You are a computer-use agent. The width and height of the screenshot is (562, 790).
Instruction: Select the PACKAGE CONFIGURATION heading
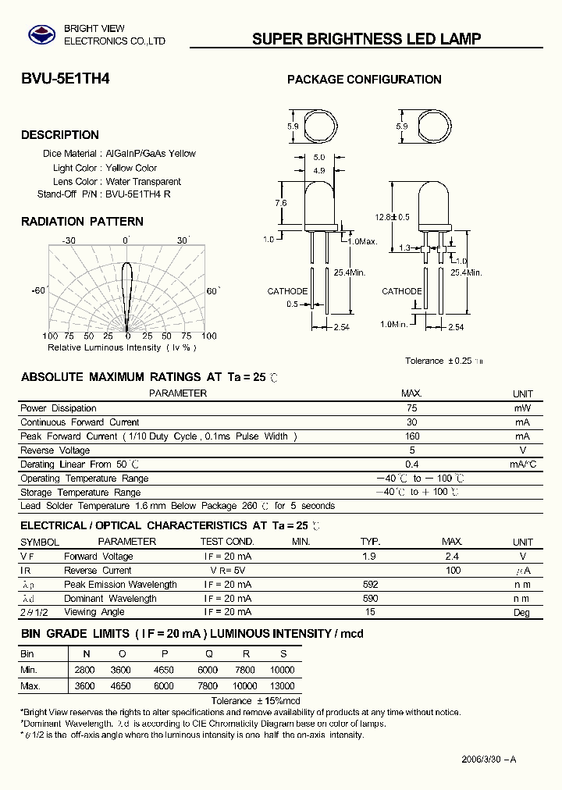tap(364, 79)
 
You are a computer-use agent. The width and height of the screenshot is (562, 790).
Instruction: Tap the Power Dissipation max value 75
tap(412, 408)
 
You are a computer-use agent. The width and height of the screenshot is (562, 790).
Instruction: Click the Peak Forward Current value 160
tap(412, 436)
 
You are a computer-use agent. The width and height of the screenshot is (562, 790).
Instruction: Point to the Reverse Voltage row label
tap(55, 450)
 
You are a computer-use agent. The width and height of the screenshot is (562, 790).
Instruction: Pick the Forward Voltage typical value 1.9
tap(369, 557)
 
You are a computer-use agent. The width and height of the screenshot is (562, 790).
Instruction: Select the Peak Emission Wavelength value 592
tap(370, 585)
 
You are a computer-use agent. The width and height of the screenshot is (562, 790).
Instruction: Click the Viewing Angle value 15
tap(370, 613)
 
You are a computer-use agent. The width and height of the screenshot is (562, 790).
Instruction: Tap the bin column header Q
tap(208, 653)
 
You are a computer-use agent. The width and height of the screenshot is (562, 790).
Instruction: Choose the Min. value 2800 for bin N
tap(84, 671)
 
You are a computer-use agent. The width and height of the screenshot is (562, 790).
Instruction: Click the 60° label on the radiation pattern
tap(213, 290)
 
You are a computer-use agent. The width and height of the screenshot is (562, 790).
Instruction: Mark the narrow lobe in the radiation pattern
tap(128, 293)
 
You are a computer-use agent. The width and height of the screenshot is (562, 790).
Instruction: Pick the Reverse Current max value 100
tap(453, 571)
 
